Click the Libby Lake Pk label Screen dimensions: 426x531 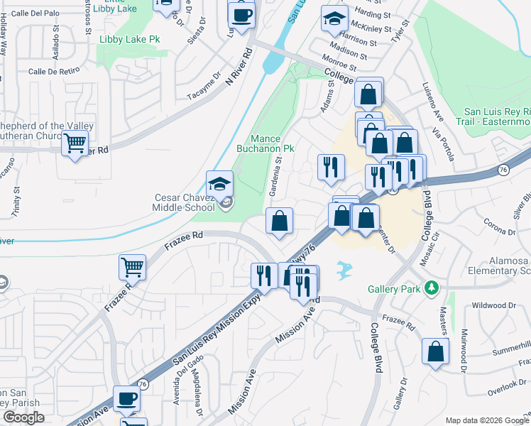tap(129, 40)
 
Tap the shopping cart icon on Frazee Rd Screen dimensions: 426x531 tap(132, 268)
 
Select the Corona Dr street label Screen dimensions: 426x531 tap(501, 231)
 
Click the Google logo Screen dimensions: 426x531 tap(23, 417)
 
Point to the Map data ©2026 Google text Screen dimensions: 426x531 tap(487, 420)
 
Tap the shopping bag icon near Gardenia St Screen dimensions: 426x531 tap(280, 220)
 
